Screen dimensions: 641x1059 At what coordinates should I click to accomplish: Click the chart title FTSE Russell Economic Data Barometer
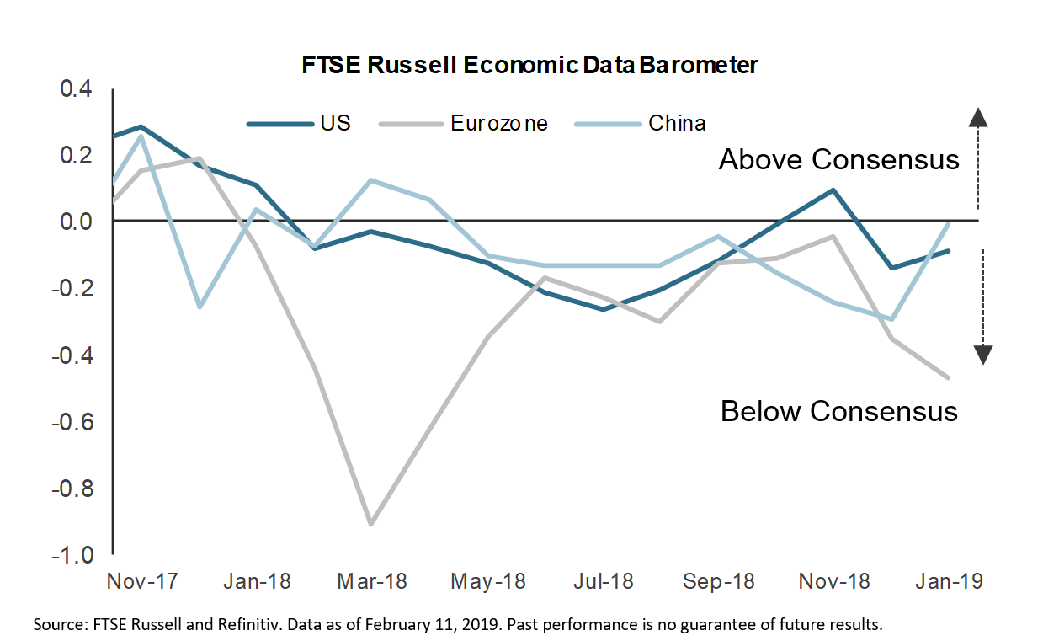click(x=529, y=65)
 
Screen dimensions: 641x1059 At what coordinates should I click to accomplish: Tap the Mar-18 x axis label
click(x=373, y=582)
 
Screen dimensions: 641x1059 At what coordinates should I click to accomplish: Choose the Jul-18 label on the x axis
click(x=604, y=582)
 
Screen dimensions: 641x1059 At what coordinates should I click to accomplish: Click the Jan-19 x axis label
click(x=948, y=582)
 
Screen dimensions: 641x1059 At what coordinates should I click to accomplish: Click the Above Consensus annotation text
click(x=838, y=160)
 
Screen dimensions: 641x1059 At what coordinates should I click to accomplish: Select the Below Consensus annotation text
click(x=838, y=411)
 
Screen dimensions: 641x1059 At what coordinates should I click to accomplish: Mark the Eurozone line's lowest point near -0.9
click(x=371, y=524)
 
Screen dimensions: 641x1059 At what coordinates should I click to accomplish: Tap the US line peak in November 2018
click(x=833, y=190)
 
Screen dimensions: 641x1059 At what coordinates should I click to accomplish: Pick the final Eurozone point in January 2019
click(x=949, y=377)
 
